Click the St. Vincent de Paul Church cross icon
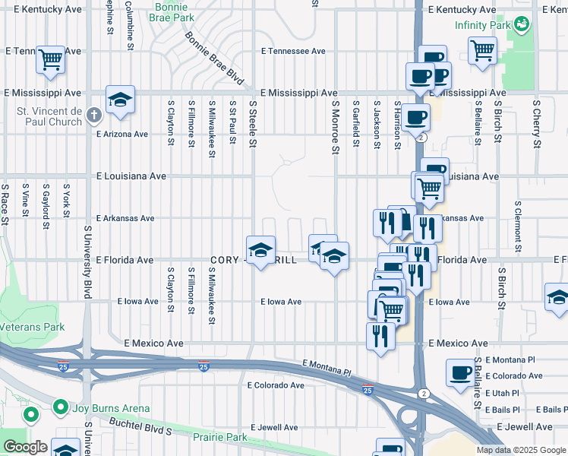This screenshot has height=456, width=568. (93, 116)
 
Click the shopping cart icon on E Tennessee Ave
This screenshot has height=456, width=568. (50, 59)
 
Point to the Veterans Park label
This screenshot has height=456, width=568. (33, 327)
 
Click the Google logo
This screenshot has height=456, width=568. (25, 447)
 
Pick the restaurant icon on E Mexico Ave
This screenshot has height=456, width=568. (380, 336)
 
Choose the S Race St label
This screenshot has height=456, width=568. (5, 206)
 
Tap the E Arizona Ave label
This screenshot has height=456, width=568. (122, 134)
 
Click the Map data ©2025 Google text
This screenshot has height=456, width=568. (521, 450)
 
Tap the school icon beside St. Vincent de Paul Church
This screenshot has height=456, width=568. (120, 100)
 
